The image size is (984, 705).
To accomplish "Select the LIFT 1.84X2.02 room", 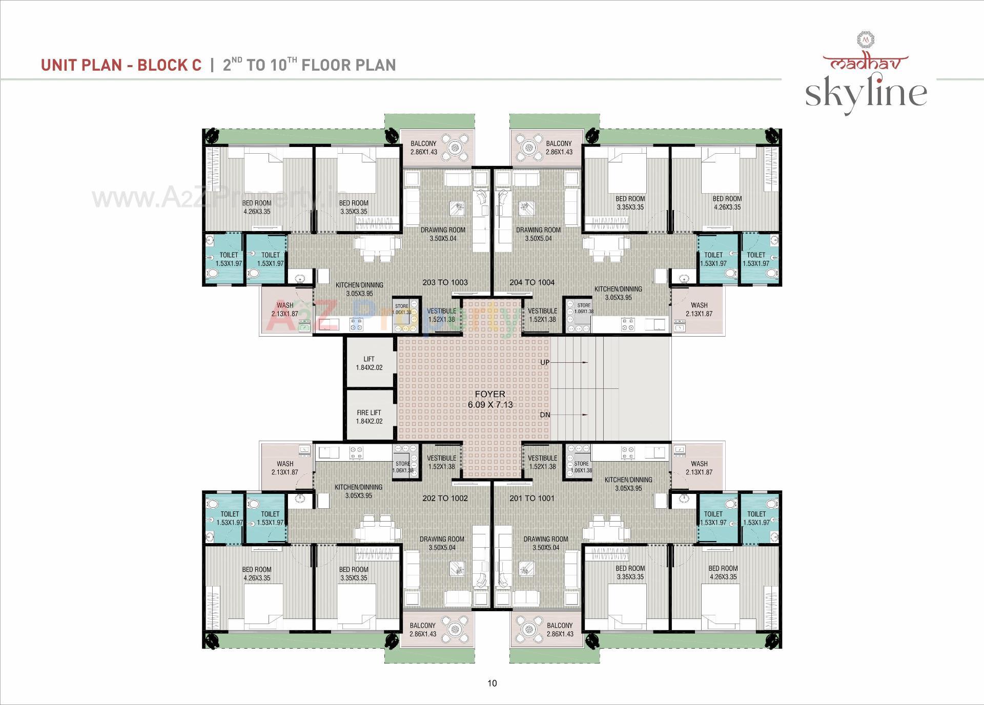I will pyautogui.click(x=369, y=363).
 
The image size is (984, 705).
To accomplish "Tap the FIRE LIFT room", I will pyautogui.click(x=369, y=417).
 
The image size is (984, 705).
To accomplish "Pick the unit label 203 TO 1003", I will pyautogui.click(x=445, y=282).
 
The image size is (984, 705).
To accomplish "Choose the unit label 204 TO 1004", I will pyautogui.click(x=532, y=282).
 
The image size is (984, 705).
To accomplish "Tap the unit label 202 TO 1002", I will pyautogui.click(x=445, y=498).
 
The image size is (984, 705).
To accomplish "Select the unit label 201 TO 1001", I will pyautogui.click(x=532, y=498).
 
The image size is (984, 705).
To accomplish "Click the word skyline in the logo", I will pyautogui.click(x=866, y=93).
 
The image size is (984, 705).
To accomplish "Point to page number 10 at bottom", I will pyautogui.click(x=492, y=683).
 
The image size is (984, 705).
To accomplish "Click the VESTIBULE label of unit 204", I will pyautogui.click(x=542, y=315).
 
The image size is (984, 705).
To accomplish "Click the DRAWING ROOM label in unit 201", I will pyautogui.click(x=546, y=543).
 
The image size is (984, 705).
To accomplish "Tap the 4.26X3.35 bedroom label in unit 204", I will pyautogui.click(x=727, y=203).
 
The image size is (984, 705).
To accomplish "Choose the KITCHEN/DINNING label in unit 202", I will pyautogui.click(x=359, y=491).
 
